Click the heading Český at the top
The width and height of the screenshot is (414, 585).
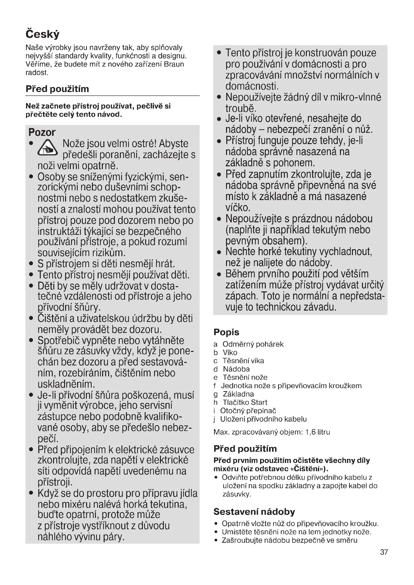tap(42, 34)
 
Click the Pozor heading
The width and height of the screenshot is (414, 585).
tap(42, 132)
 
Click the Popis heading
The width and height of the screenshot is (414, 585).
tap(226, 332)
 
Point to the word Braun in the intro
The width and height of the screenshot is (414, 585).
tap(174, 64)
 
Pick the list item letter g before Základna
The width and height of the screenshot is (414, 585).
tap(216, 394)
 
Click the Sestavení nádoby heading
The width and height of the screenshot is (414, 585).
tap(254, 512)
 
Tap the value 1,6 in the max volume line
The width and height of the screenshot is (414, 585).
tap(310, 432)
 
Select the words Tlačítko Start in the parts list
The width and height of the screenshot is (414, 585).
tap(245, 403)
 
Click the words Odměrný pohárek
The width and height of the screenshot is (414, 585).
tap(253, 344)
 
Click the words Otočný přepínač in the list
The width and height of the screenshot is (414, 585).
tap(248, 411)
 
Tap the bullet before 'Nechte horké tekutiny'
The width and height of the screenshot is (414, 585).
tap(219, 252)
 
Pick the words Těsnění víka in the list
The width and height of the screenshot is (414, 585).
tap(244, 361)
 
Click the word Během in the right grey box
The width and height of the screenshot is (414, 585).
tap(240, 274)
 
